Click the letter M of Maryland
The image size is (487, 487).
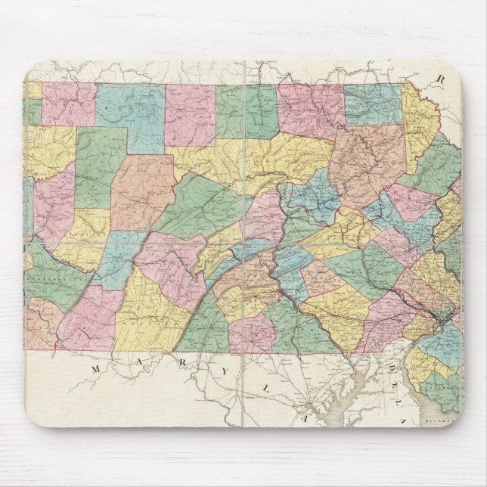coord(97,368)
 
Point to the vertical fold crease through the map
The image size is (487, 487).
coord(246,227)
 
